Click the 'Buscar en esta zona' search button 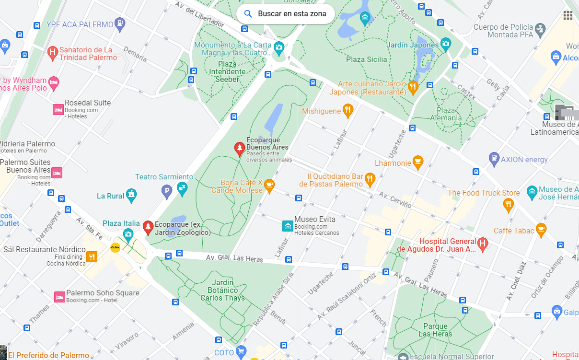click(x=286, y=14)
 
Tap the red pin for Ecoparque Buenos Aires click(x=239, y=149)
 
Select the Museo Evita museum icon click(x=288, y=225)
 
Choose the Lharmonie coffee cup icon click(x=418, y=163)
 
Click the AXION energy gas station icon click(x=494, y=159)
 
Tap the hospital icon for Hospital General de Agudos click(x=483, y=244)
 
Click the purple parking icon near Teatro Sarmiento click(x=166, y=193)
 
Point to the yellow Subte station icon click(x=116, y=247)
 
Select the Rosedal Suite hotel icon click(x=58, y=110)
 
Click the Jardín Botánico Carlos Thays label click(x=222, y=290)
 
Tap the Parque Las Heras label click(x=435, y=330)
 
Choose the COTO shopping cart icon click(x=241, y=352)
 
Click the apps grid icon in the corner click(x=568, y=15)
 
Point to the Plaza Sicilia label click(x=367, y=59)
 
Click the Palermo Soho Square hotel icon click(x=59, y=297)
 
